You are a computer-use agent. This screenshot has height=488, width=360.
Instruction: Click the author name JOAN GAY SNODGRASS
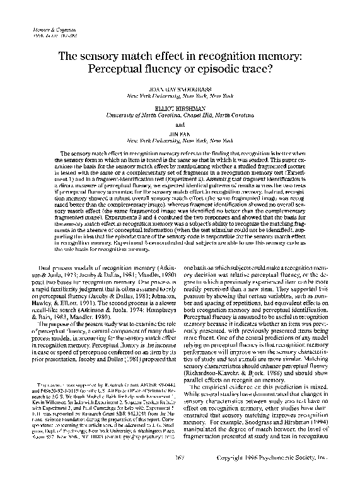[x=180, y=90]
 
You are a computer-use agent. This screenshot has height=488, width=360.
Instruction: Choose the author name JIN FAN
[x=180, y=135]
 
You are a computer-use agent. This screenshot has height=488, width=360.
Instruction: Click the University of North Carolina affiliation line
[x=180, y=116]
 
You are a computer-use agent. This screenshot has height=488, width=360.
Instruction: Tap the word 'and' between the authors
[x=180, y=125]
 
